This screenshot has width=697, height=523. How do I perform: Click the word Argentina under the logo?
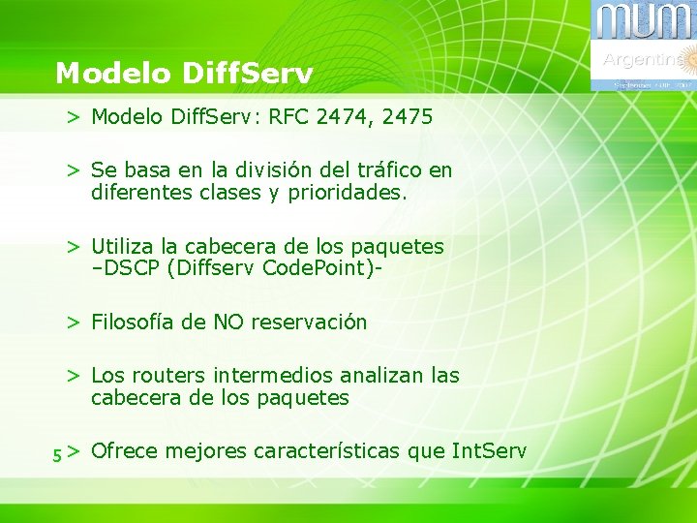(639, 60)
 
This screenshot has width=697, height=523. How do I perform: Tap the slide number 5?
(57, 453)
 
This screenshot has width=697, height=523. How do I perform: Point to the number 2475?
(408, 118)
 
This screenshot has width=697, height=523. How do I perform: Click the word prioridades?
(342, 193)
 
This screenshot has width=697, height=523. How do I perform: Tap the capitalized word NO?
(227, 323)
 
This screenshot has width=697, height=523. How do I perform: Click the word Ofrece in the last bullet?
(120, 451)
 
